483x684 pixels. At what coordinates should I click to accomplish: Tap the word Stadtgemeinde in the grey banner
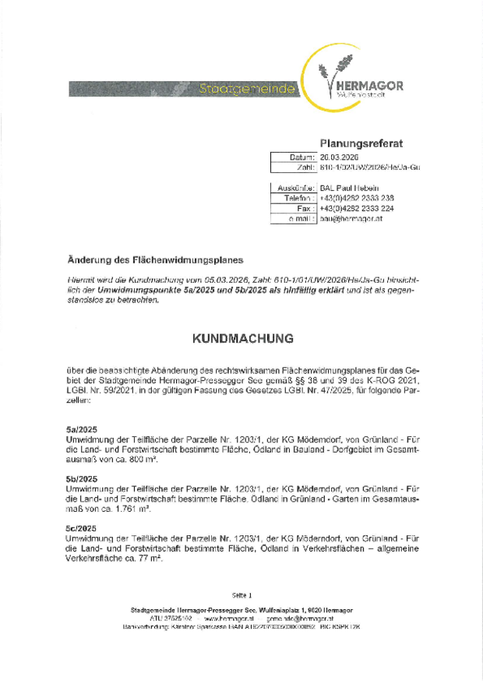247,89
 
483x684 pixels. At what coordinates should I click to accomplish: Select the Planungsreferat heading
361,143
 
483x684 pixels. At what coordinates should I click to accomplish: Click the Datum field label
301,157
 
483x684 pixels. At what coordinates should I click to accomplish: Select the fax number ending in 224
357,209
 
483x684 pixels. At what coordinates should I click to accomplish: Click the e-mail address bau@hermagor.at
352,219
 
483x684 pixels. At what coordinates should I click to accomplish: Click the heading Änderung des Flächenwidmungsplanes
156,259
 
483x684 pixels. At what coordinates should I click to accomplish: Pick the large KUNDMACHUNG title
242,340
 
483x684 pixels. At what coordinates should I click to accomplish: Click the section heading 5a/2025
82,429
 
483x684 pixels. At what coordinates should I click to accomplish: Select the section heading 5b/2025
82,478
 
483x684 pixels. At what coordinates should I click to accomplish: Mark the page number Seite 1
241,595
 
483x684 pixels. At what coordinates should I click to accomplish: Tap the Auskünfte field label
296,188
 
